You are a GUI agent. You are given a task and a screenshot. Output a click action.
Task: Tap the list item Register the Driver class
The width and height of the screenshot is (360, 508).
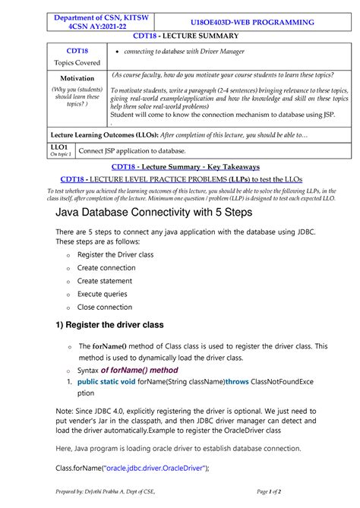(125, 254)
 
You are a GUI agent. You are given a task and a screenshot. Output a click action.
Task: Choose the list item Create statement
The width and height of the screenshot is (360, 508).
(109, 280)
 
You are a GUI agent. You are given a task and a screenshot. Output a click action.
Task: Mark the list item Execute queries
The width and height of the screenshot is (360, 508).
(103, 294)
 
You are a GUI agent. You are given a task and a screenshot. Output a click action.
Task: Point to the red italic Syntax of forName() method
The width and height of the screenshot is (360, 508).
(128, 370)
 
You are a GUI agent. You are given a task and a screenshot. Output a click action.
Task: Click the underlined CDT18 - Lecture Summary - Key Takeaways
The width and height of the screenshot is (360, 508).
(180, 166)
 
